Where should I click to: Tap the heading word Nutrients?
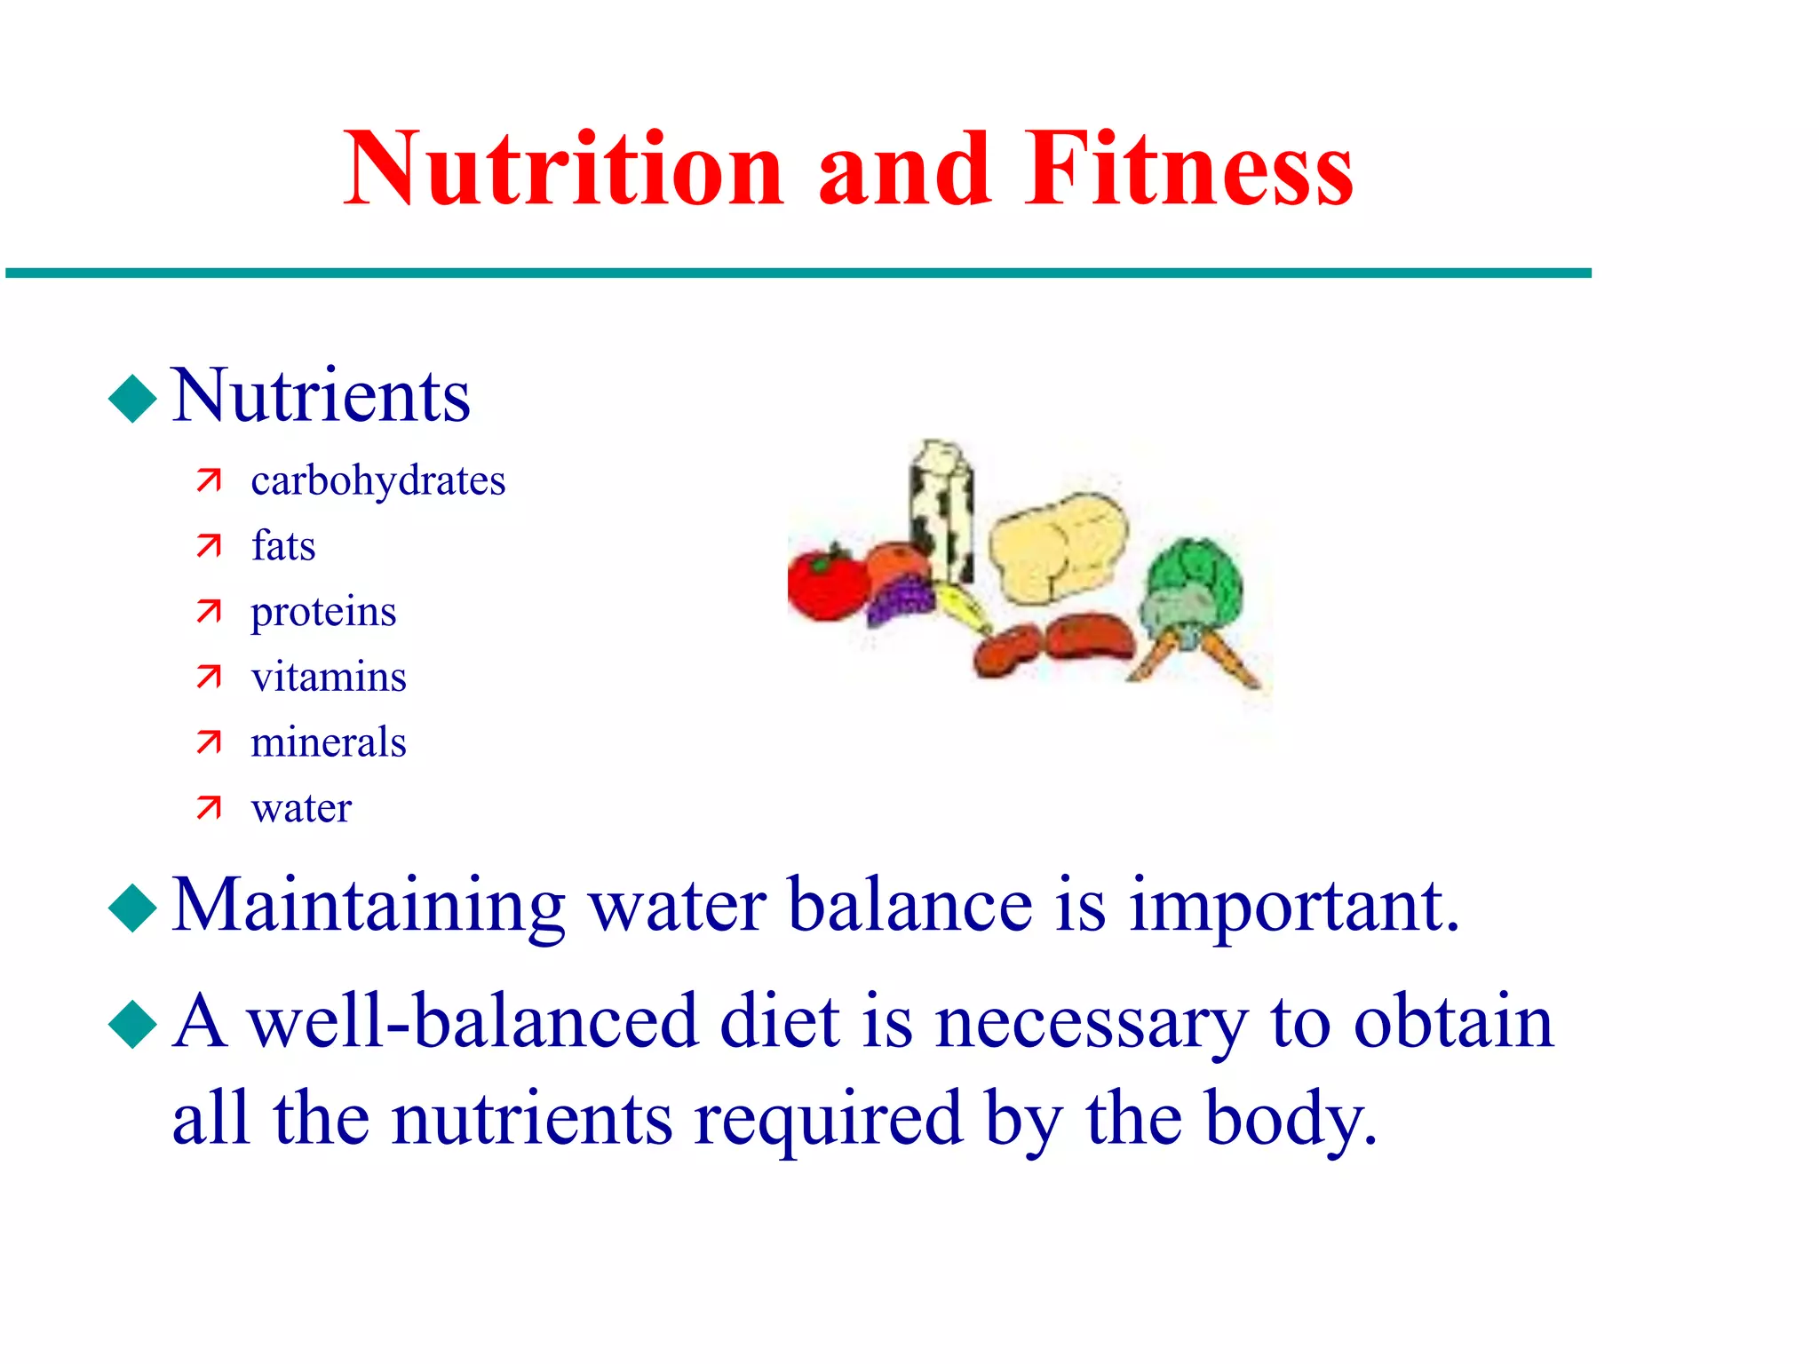[x=321, y=396]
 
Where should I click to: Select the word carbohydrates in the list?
[x=377, y=481]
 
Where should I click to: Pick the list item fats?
[x=282, y=546]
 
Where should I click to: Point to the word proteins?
[x=323, y=613]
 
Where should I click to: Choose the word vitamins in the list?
[x=328, y=678]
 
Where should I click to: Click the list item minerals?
[x=328, y=742]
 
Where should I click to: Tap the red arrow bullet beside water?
[x=209, y=807]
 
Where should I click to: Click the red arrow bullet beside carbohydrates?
[x=209, y=480]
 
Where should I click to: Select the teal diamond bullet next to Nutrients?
[x=132, y=399]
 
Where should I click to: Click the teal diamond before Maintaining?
[x=132, y=908]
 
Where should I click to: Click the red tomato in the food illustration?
[x=826, y=583]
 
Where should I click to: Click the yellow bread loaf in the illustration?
[x=1057, y=551]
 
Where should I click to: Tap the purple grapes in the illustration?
[x=902, y=599]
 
